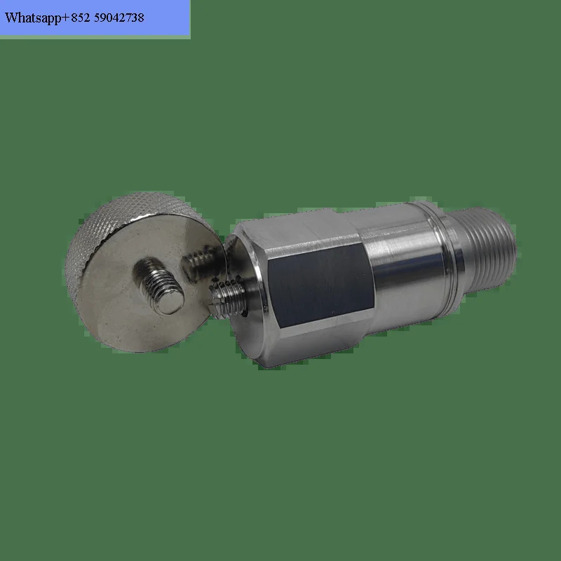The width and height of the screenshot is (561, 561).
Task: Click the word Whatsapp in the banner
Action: click(x=33, y=18)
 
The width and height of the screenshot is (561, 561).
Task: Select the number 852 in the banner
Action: click(x=81, y=18)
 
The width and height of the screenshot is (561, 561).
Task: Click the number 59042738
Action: click(x=119, y=18)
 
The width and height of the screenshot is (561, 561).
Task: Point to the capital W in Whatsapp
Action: click(x=11, y=17)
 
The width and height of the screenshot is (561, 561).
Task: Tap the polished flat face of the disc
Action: click(x=118, y=311)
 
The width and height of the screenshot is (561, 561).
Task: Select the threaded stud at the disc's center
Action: click(x=159, y=285)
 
